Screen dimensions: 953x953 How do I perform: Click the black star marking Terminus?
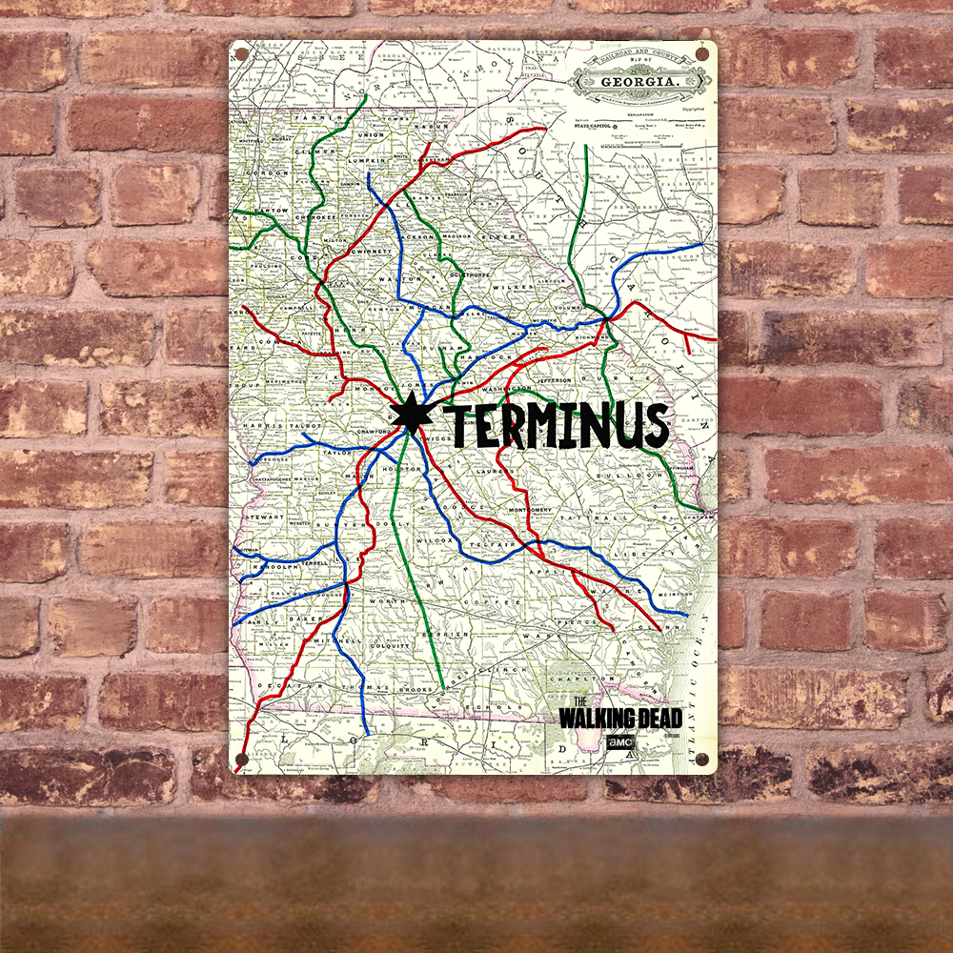point(411,412)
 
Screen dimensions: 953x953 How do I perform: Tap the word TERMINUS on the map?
point(558,426)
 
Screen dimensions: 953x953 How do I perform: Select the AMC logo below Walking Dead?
point(617,742)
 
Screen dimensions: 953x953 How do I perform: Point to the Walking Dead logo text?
point(619,717)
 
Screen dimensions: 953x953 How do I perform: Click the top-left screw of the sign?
point(240,53)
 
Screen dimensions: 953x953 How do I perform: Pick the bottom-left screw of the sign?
point(240,760)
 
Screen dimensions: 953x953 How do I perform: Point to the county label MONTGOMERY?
point(519,511)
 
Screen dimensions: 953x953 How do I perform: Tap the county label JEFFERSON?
point(554,379)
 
